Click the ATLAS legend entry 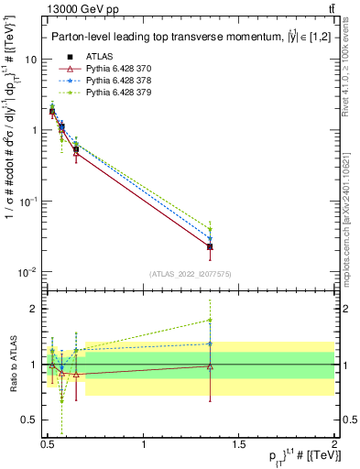coord(98,57)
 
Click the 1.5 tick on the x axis coord(239,444)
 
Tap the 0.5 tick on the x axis coord(48,444)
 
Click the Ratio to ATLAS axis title coord(12,365)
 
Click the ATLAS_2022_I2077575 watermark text coord(191,274)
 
